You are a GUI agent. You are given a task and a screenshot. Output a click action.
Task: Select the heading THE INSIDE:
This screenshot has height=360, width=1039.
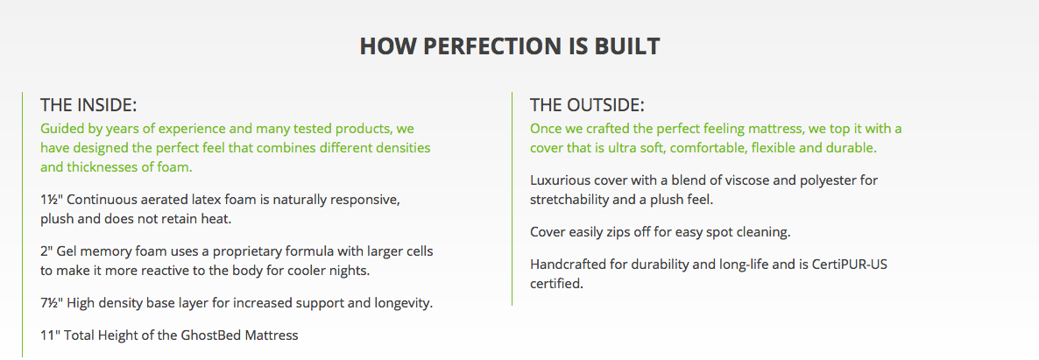click(88, 105)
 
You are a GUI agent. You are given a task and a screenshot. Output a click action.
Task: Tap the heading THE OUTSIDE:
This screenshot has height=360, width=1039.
click(587, 105)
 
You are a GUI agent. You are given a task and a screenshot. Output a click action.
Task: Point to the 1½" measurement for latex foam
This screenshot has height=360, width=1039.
click(52, 200)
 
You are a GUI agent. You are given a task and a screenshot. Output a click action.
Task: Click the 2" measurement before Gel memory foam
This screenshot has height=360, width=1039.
click(46, 251)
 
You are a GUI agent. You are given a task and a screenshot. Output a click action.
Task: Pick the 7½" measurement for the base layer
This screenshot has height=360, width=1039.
click(52, 303)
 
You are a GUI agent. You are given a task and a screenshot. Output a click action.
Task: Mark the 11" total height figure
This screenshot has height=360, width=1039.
click(50, 335)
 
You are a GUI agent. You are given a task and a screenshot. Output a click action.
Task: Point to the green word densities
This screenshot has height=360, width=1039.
click(403, 148)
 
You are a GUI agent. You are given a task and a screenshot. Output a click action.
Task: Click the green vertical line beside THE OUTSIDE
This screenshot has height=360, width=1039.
click(512, 198)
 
